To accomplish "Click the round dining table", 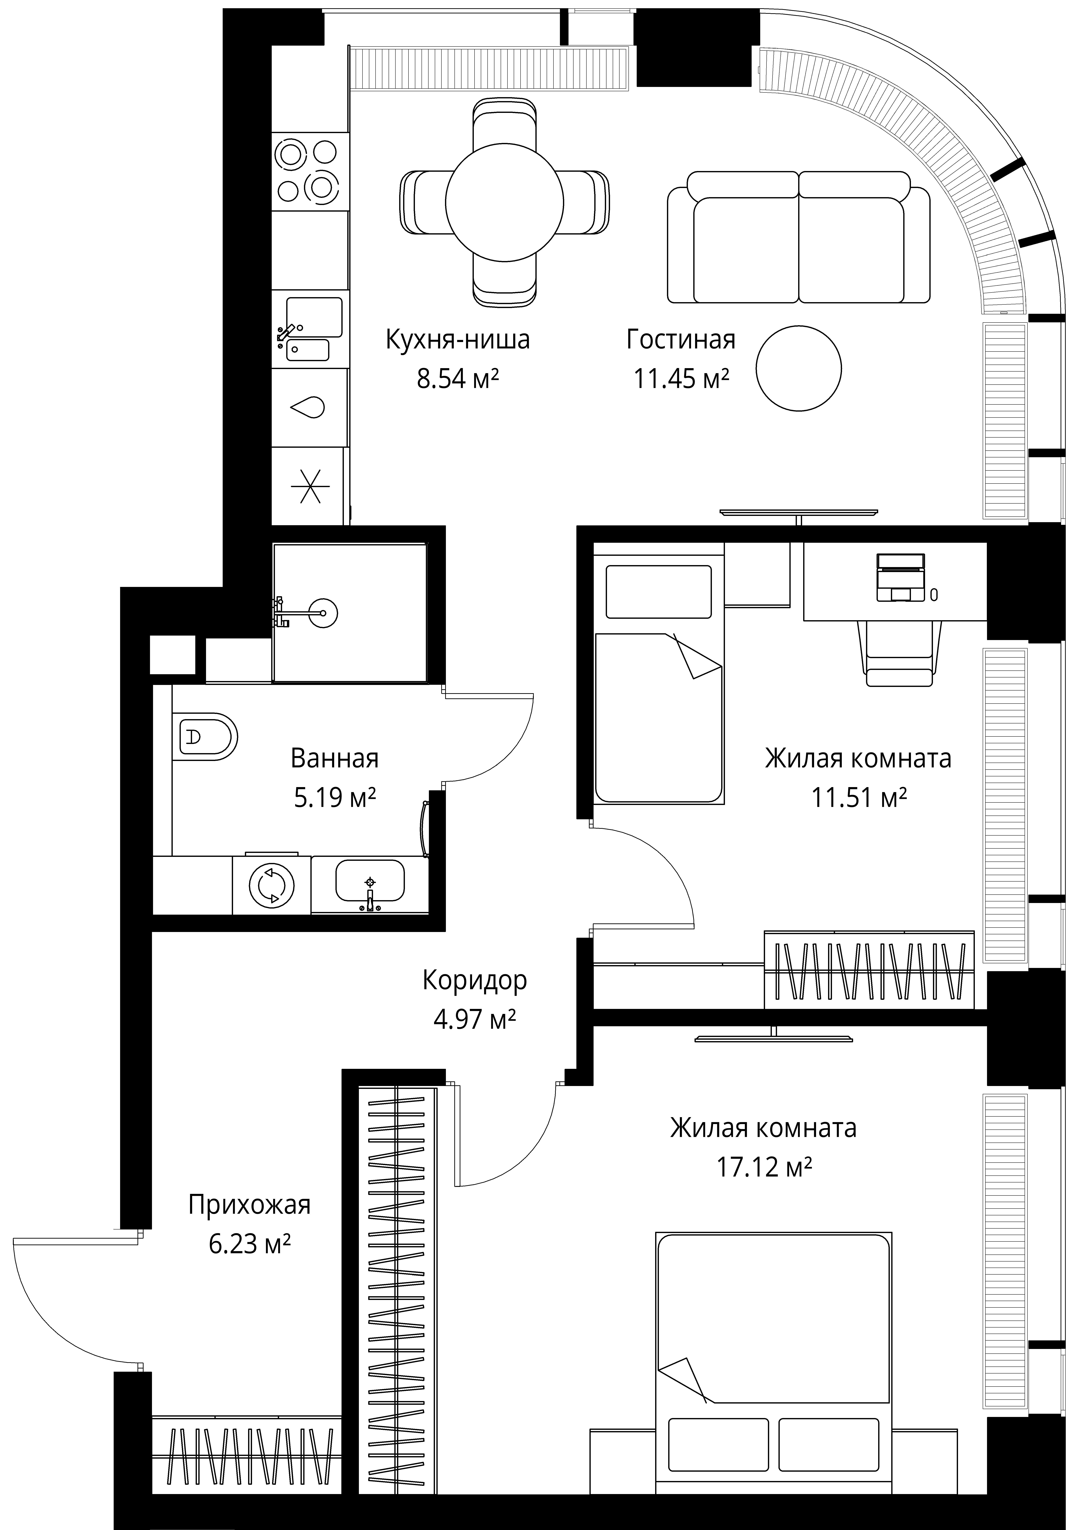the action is [505, 202].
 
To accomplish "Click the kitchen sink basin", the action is [313, 317].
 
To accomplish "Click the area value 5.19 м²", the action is [335, 797].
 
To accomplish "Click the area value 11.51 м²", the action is [859, 797].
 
